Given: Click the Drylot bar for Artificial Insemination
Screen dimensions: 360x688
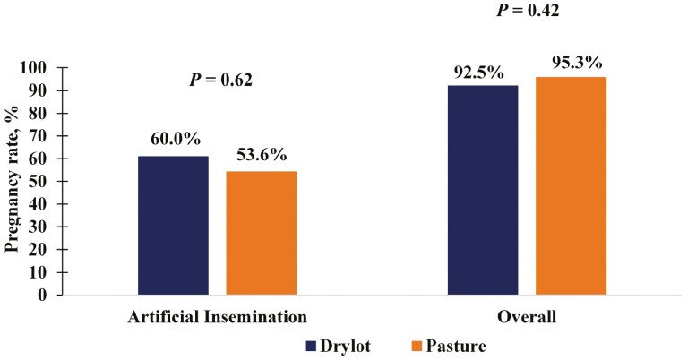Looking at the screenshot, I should coord(173,225).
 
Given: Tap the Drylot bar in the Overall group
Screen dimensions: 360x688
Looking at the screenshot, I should coord(482,190).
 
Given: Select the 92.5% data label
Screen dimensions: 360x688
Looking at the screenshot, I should coord(483,68).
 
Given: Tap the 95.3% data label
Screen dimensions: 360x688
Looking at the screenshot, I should coord(571,63).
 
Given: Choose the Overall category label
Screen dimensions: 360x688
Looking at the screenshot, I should coord(526,316).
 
